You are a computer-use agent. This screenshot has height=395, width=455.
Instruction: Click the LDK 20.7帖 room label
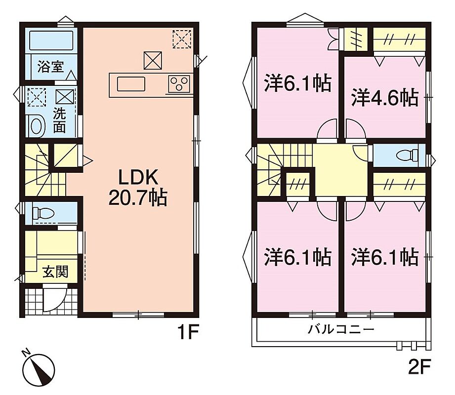[x=138, y=187]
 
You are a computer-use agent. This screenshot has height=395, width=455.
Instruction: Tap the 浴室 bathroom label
[x=51, y=67]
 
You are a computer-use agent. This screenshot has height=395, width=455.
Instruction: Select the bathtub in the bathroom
[x=51, y=40]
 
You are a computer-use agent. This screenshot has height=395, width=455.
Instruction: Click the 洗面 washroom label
[x=59, y=121]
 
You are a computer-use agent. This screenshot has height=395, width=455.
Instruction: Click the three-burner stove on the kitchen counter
[x=179, y=84]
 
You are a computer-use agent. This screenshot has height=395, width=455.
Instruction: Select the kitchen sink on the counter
[x=131, y=84]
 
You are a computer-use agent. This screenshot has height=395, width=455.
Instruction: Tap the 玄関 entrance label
[x=55, y=272]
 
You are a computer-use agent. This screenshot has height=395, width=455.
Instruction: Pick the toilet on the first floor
[x=43, y=213]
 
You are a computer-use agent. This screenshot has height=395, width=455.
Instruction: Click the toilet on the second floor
[x=408, y=155]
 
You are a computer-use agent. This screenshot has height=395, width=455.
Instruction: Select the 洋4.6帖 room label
[x=385, y=98]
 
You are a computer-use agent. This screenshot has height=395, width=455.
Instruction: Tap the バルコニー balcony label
[x=341, y=330]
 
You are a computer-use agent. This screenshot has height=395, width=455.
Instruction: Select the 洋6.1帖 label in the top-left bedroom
[x=298, y=83]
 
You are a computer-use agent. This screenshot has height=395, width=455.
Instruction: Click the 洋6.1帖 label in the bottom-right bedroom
[x=385, y=257]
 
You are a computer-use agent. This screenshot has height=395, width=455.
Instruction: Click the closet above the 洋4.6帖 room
[x=399, y=39]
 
